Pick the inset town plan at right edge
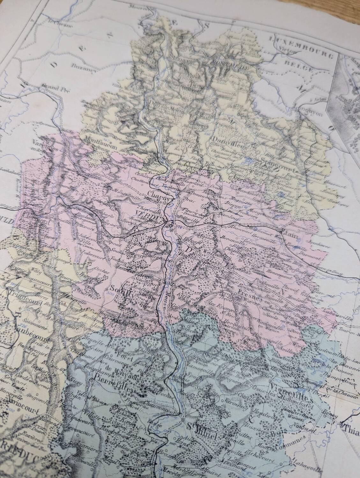(x=349, y=105)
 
